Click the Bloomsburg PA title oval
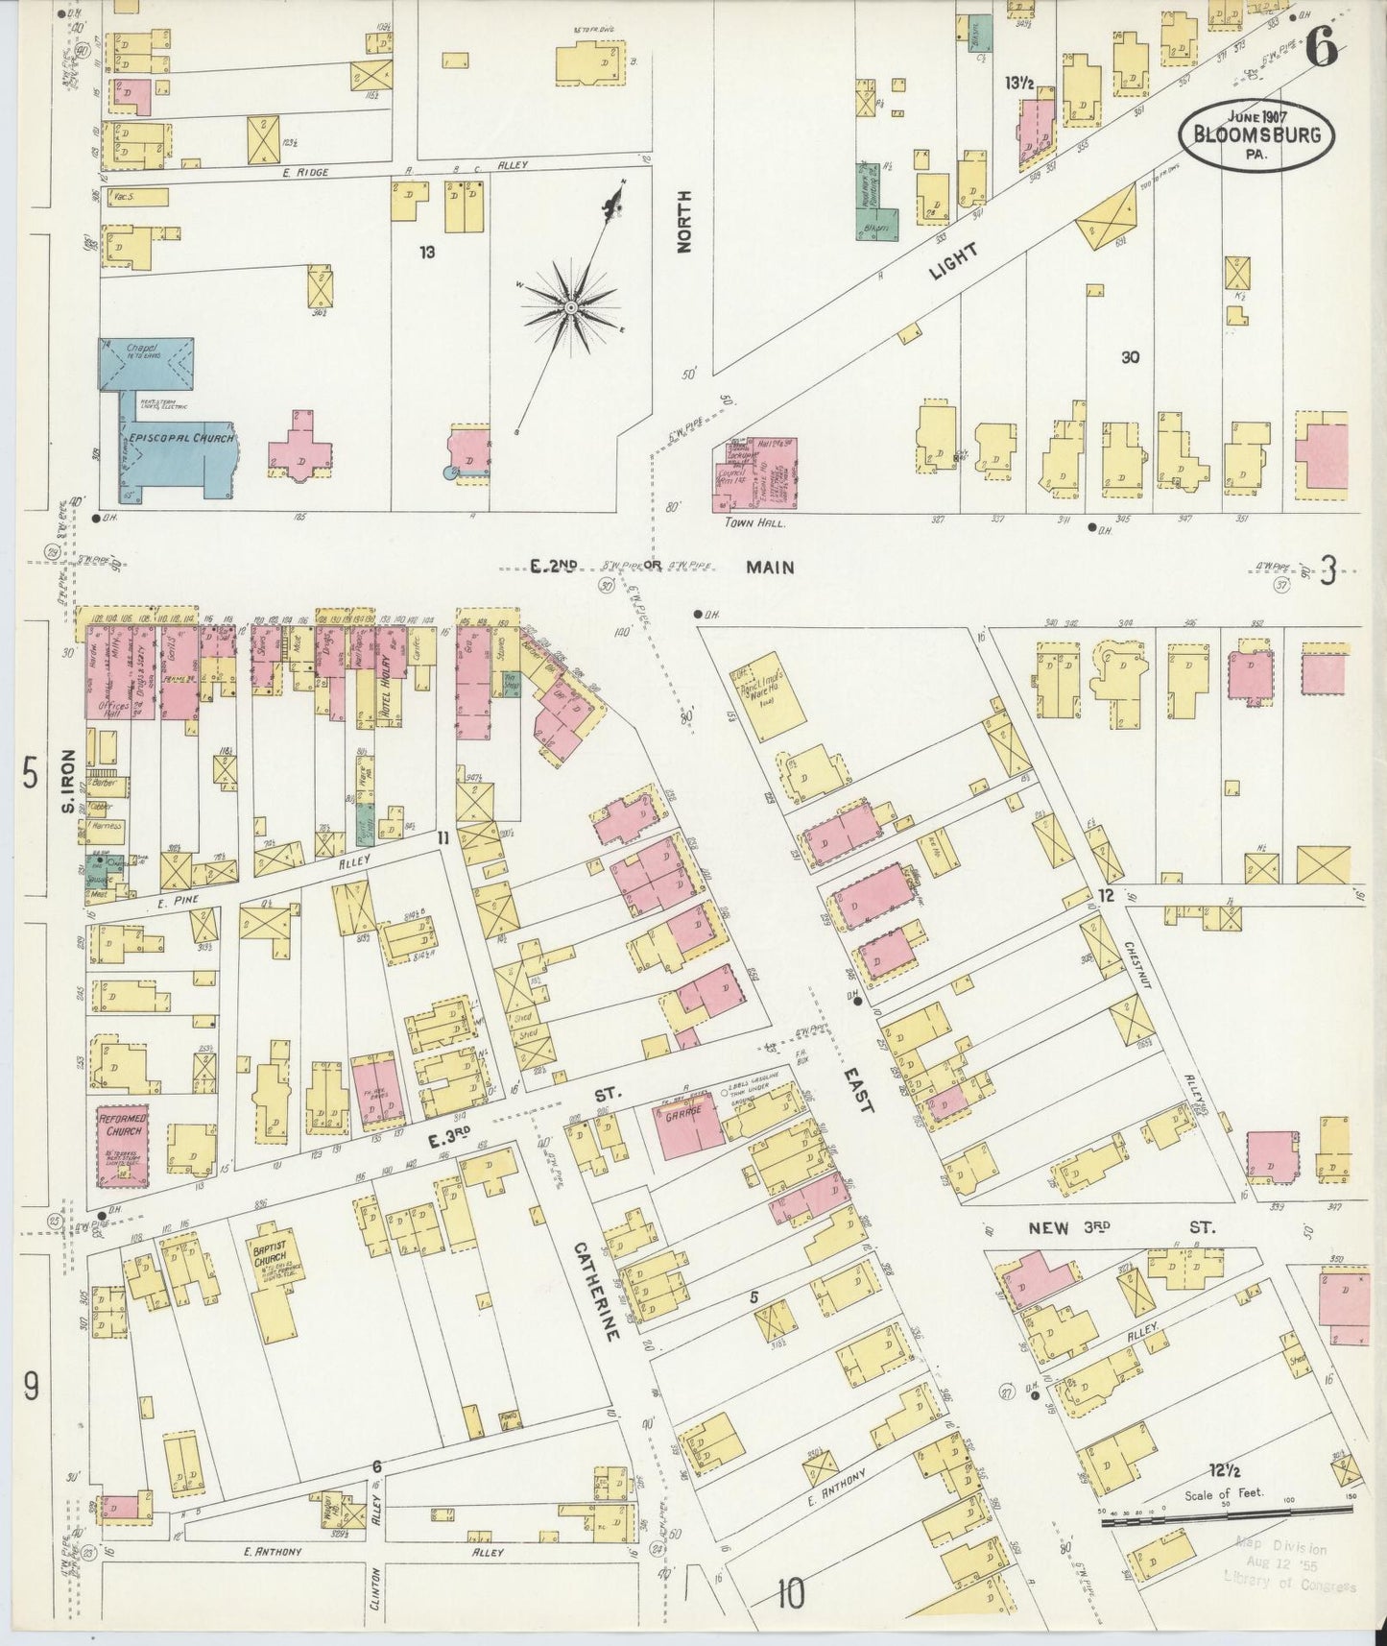click(x=1256, y=136)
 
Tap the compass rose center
click(x=570, y=307)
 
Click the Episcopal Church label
click(x=177, y=438)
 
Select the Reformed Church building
click(x=122, y=1145)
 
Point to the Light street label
click(x=954, y=261)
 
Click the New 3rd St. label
click(x=1121, y=1227)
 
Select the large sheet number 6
click(x=1323, y=50)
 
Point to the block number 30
click(x=1130, y=357)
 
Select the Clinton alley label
click(x=376, y=1598)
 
